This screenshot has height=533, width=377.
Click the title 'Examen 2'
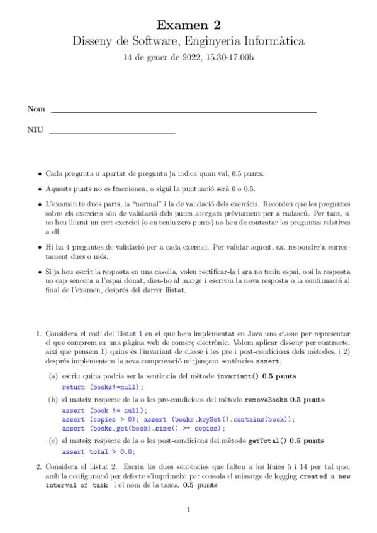[x=189, y=25]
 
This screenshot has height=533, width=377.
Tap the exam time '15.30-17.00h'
[x=229, y=58]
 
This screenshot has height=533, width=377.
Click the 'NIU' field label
[x=35, y=131]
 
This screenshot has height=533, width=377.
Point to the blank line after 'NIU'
[x=112, y=133]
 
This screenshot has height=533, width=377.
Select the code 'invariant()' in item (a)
[x=237, y=376]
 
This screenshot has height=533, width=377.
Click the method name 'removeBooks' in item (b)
[x=266, y=399]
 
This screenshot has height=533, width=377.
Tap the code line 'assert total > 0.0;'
[x=98, y=451]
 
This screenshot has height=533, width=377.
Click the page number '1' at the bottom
[x=188, y=510]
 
